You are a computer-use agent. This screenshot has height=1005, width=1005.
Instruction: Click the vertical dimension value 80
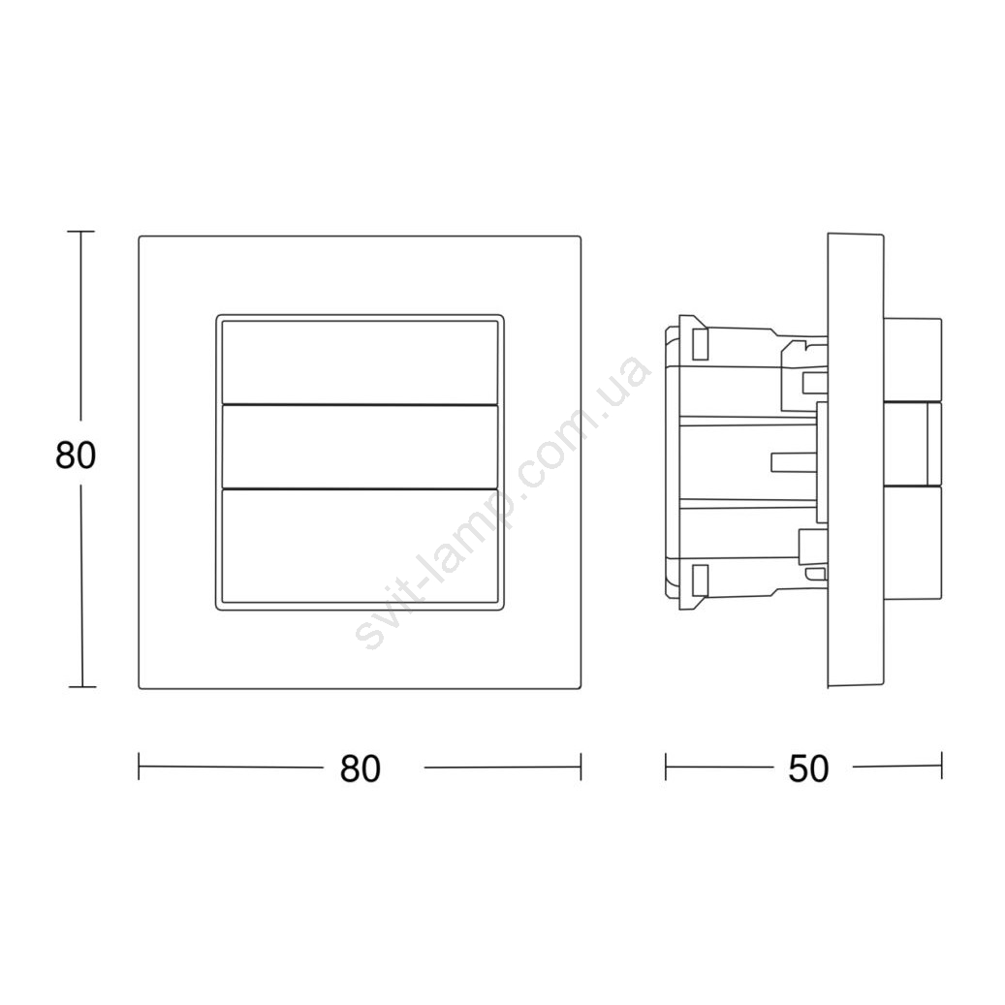coord(76,455)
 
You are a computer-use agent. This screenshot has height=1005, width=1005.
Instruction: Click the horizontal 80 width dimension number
coord(361,769)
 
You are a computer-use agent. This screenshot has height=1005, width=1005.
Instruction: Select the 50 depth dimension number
coord(808,769)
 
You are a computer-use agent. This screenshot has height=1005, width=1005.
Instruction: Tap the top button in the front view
coord(360,362)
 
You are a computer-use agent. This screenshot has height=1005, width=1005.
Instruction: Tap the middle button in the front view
coord(360,447)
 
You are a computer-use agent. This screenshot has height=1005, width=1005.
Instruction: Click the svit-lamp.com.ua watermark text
coord(503,502)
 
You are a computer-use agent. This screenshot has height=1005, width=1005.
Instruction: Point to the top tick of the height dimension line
coord(80,232)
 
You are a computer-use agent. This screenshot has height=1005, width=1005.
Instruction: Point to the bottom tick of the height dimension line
coord(82,686)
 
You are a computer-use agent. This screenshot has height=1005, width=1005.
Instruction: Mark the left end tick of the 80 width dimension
coord(140,767)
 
